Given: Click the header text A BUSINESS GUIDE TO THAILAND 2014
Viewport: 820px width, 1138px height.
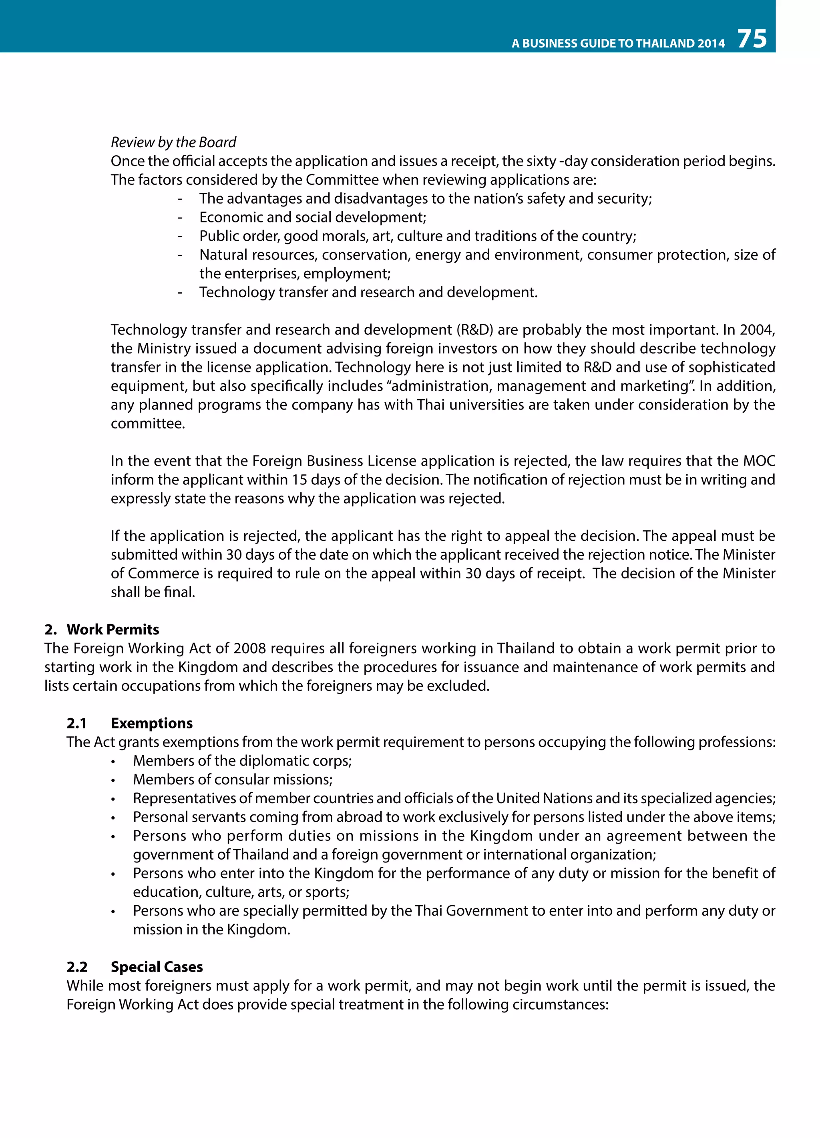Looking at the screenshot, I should coord(618,44).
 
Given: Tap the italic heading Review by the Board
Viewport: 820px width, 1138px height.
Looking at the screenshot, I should coord(173,142).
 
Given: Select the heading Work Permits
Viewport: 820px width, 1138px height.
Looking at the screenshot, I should coord(113,629).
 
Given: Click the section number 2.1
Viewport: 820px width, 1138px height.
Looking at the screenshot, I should coord(77,723).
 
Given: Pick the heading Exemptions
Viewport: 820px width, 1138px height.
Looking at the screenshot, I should coord(152,723).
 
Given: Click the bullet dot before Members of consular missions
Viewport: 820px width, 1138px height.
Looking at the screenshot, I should coord(113,781).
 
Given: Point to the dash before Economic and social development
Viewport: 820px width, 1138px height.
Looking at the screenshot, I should coord(179,218).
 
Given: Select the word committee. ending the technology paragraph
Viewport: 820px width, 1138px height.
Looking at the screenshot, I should coord(148,424).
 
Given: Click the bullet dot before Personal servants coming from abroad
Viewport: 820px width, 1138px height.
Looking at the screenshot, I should coord(113,818).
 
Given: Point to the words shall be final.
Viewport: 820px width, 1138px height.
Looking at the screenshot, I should coord(153,592).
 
